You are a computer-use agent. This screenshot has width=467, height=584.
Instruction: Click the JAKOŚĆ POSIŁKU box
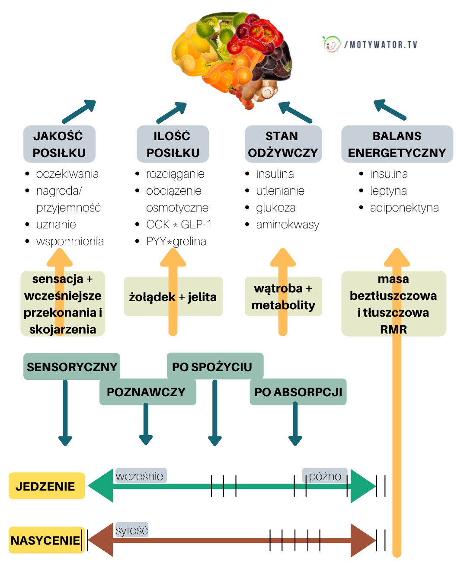[59, 144]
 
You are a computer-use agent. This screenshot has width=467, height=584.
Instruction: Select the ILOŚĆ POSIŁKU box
[173, 144]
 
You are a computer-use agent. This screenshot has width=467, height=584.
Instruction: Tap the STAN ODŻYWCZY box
[283, 144]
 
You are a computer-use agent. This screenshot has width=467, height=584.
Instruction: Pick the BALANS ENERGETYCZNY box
[397, 144]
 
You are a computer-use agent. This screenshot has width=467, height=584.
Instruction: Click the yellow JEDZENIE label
[46, 486]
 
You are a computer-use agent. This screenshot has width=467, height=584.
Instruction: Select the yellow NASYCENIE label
[45, 540]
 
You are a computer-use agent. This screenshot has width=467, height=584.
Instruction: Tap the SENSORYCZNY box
[72, 367]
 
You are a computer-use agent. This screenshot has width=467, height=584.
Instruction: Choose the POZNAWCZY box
[147, 392]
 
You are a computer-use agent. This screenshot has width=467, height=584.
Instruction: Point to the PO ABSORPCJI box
[298, 392]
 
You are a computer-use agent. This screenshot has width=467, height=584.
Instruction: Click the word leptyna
[388, 191]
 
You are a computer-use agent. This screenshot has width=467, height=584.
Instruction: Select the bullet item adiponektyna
[404, 208]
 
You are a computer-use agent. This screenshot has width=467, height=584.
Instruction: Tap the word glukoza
[276, 208]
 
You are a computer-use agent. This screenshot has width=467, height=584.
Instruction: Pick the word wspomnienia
[70, 241]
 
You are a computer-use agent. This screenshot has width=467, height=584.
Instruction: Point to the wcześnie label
[140, 476]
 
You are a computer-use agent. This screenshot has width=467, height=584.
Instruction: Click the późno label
[325, 476]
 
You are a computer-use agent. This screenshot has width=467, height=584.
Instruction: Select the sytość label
[132, 530]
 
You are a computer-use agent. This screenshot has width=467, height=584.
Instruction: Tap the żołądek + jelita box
[173, 297]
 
